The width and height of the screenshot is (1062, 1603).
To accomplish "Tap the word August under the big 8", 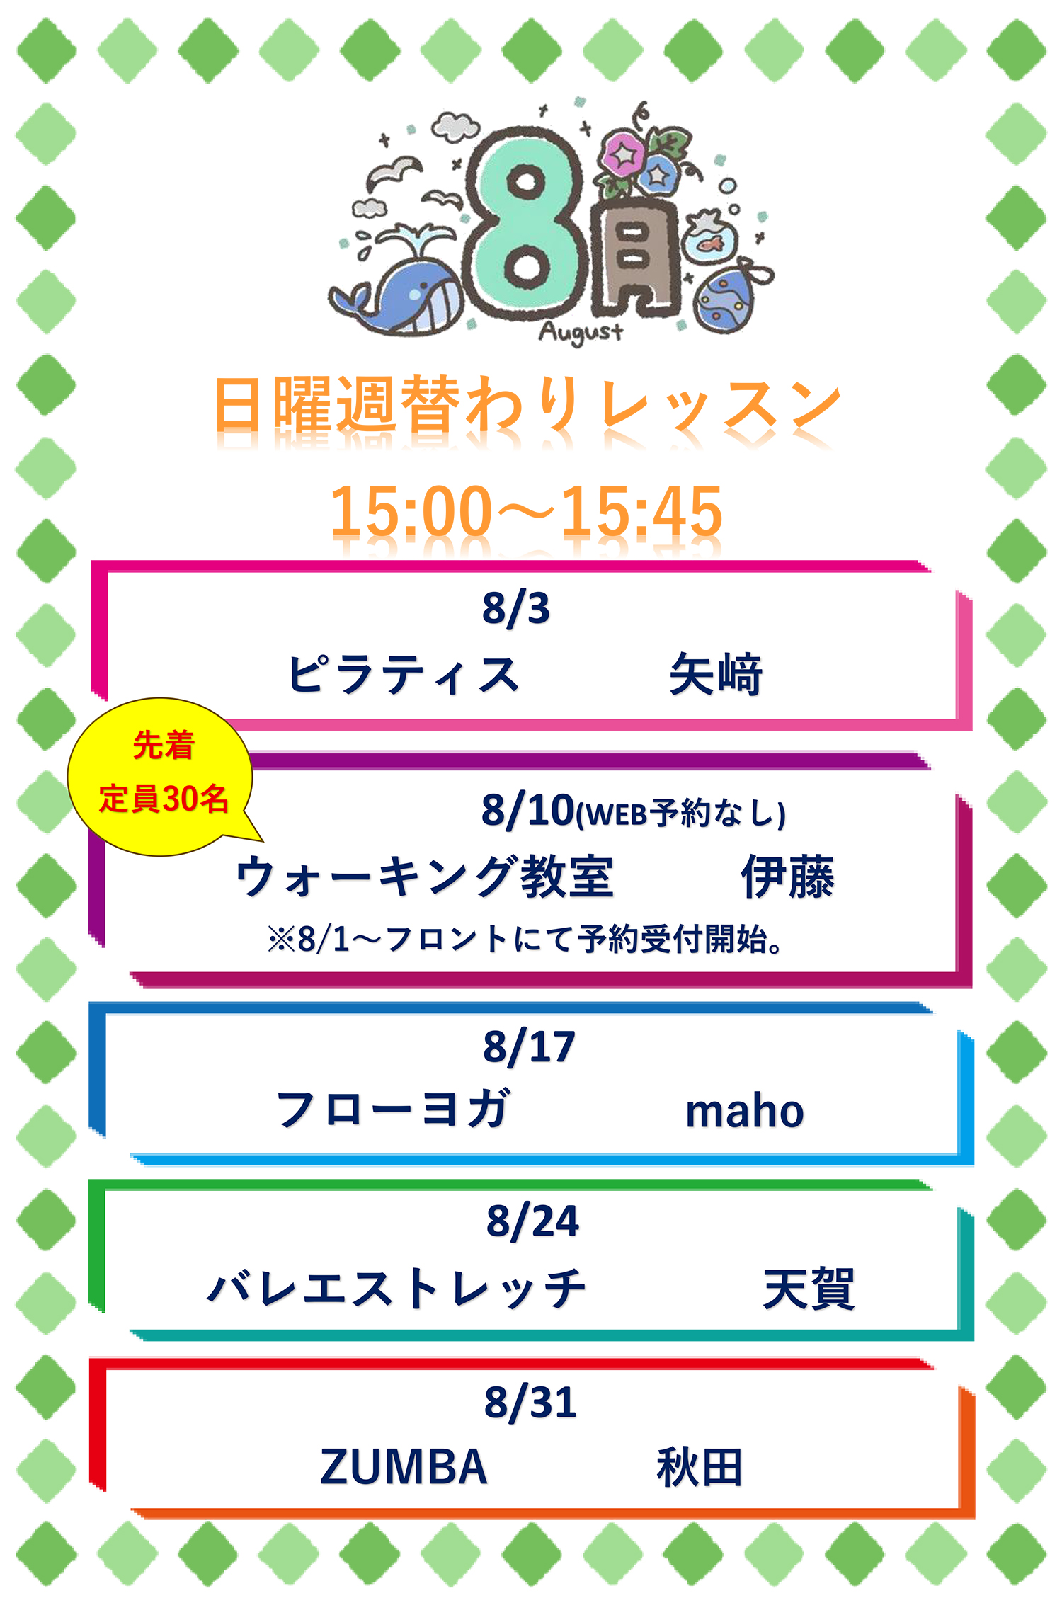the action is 581,332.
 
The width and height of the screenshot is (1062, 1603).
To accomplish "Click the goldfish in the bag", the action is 709,237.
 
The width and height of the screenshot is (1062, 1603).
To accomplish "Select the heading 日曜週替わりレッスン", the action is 527,404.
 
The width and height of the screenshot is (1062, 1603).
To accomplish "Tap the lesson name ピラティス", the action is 403,674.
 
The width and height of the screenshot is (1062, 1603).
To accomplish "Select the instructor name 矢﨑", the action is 715,674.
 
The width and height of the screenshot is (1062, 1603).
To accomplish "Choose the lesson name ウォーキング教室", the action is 424,877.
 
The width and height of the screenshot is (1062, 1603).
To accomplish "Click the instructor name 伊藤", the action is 787,877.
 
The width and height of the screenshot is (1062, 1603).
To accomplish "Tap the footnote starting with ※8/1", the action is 525,940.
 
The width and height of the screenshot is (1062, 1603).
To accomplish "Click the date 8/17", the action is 529,1047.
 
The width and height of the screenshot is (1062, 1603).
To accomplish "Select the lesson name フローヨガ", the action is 393,1109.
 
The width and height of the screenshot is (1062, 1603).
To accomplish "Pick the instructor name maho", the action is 745,1112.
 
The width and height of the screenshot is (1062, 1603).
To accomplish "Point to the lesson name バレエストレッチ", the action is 396,1287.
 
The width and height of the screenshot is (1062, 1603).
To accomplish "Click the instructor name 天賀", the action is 809,1288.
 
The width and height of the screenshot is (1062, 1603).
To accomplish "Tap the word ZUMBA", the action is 404,1466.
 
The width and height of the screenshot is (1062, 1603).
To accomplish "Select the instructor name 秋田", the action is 700,1467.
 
